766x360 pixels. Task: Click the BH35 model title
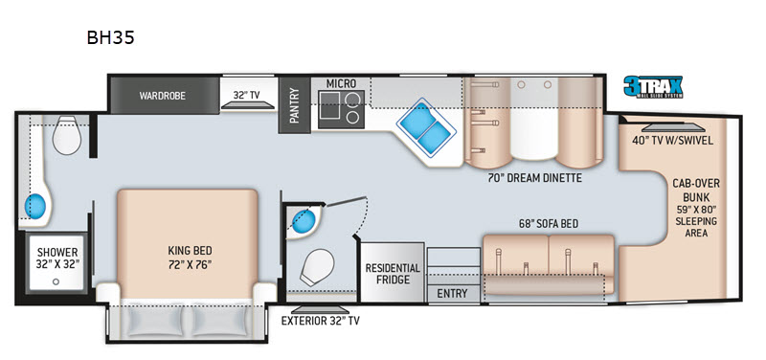[x=110, y=37]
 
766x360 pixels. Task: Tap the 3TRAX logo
[x=653, y=87]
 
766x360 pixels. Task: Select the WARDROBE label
[x=162, y=96]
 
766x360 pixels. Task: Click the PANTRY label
[x=294, y=105]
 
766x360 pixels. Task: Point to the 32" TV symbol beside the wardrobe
[x=245, y=105]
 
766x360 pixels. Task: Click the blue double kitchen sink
[x=425, y=128]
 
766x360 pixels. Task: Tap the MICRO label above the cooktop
[x=341, y=83]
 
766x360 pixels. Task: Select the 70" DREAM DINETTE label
[x=533, y=178]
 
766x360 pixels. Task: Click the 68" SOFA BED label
[x=548, y=224]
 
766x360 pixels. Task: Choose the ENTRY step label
[x=452, y=294]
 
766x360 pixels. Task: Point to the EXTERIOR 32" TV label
[x=321, y=321]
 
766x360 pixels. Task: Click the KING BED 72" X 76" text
[x=190, y=258]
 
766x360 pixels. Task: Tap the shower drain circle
[x=56, y=281]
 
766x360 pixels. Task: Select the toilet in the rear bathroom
[x=66, y=135]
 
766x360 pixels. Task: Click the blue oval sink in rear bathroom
[x=35, y=206]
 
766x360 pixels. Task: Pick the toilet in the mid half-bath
[x=317, y=268]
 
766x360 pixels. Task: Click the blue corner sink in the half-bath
[x=303, y=222]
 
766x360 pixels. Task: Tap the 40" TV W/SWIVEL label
[x=673, y=141]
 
